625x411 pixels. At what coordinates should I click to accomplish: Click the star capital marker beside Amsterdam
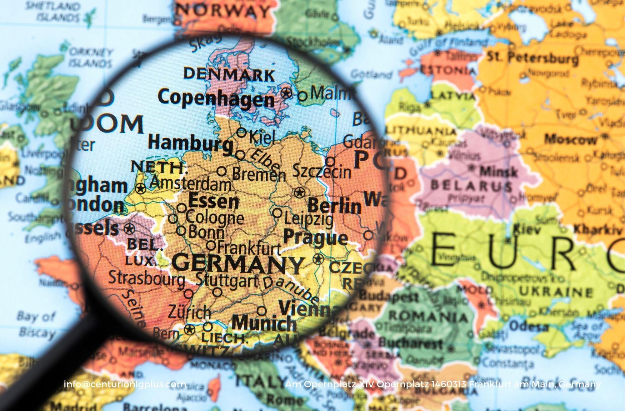click(x=140, y=188)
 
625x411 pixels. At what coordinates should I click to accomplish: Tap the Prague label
click(x=315, y=238)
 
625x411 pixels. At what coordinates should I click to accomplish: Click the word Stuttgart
click(x=227, y=280)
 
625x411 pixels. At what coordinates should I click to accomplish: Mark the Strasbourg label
click(x=147, y=278)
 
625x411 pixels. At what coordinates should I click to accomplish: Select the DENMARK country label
click(x=229, y=74)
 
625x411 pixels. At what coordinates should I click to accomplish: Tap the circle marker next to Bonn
click(x=181, y=231)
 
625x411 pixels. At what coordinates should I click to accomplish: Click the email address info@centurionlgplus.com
click(x=125, y=384)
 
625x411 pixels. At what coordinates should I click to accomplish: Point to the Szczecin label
click(x=322, y=172)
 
